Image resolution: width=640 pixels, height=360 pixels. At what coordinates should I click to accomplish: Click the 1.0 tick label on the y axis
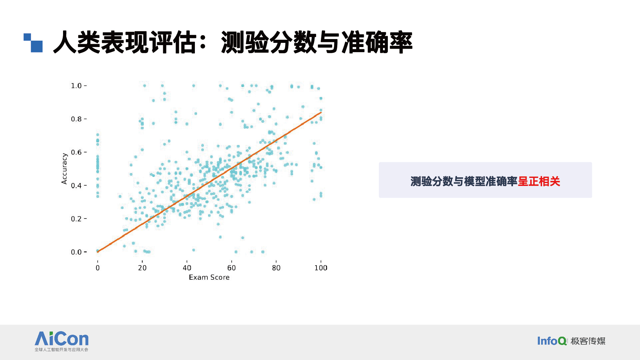coord(76,86)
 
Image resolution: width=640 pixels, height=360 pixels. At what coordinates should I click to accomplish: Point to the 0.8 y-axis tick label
coord(76,119)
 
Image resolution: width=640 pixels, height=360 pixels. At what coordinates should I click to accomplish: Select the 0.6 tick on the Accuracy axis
coord(76,152)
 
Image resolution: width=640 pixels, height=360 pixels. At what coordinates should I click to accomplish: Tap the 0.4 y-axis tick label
coord(76,186)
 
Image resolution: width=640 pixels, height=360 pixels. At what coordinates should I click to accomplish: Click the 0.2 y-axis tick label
coord(76,219)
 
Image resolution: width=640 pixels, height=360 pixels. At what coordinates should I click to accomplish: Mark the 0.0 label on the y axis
coord(76,252)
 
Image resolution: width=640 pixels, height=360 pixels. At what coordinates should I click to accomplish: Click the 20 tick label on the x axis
coord(142,268)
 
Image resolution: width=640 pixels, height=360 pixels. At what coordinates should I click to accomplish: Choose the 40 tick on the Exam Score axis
coord(187,268)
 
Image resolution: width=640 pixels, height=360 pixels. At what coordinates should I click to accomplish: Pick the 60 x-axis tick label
coord(232,268)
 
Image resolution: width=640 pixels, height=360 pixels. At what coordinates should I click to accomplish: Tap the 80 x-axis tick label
coord(276,268)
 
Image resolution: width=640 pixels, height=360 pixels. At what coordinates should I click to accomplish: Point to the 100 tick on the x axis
coord(321,268)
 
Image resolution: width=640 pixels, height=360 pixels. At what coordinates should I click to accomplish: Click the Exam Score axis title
coord(209,277)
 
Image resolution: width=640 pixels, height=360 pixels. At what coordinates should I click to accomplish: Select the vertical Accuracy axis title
coord(64,169)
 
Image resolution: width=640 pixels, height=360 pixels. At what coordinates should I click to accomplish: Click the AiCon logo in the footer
coord(61,341)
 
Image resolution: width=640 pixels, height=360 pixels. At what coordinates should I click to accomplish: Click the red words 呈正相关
coord(539,181)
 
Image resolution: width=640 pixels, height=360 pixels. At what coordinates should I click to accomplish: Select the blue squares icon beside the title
coord(33,43)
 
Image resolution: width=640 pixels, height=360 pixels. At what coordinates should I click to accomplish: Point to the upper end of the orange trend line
coord(321,112)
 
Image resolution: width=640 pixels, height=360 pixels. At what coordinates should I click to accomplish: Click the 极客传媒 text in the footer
coord(588,341)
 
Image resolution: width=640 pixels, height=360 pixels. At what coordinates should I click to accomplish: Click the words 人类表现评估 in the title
coord(125,42)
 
